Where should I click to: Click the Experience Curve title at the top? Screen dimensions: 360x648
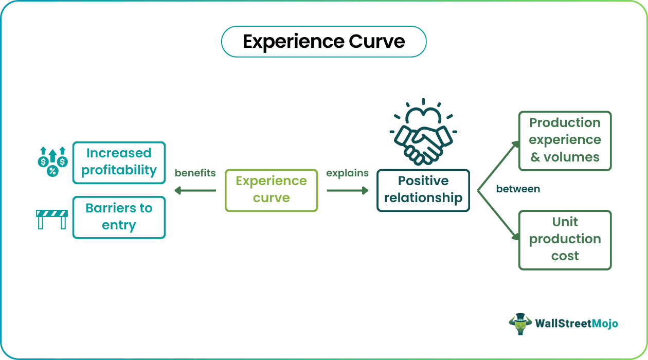[x=323, y=42]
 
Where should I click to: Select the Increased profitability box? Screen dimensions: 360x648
[x=119, y=163]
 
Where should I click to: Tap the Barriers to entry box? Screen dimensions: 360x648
[x=119, y=217]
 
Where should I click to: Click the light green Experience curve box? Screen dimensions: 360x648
[x=271, y=190]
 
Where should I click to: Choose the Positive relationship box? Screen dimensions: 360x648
[x=423, y=190]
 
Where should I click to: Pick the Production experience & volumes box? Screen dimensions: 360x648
[x=565, y=140]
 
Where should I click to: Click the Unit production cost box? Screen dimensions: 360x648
[x=565, y=240]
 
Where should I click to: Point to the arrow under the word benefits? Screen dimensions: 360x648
[x=195, y=191]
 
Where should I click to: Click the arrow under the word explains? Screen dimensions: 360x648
[x=348, y=191]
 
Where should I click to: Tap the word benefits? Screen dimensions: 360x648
[x=195, y=173]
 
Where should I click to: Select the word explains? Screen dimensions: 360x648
[x=348, y=173]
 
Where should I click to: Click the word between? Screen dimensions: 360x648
[x=518, y=189]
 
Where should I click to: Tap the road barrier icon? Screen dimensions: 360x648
[x=52, y=218]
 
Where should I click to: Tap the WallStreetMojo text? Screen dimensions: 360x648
[x=577, y=323]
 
